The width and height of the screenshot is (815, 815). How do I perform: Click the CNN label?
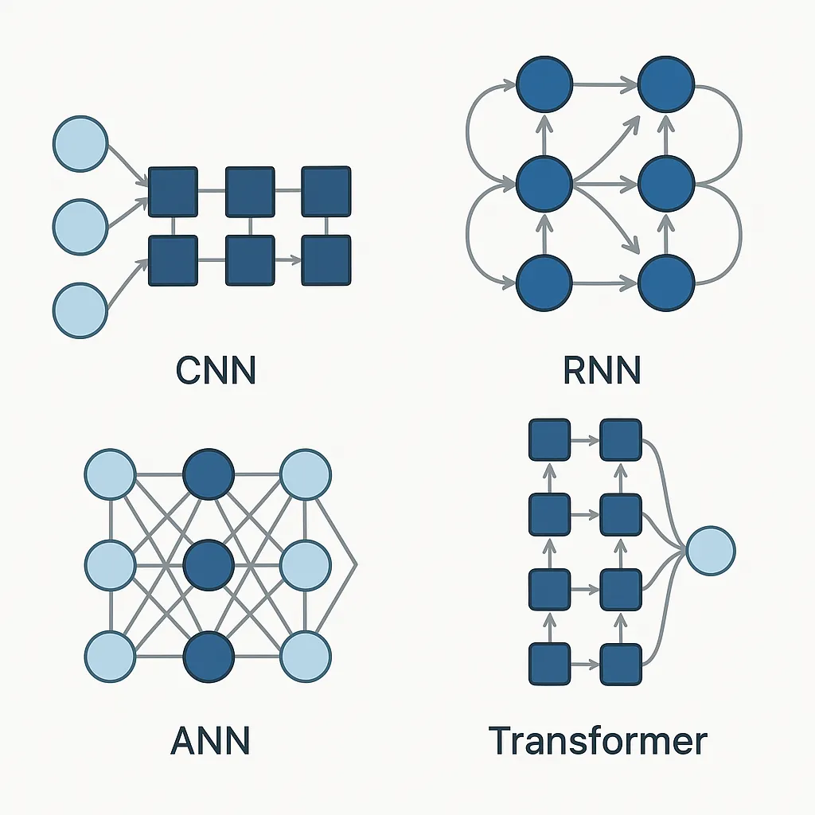coord(215,369)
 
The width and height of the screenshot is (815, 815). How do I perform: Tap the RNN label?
coord(602,369)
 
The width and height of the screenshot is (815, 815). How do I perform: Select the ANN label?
coord(210,740)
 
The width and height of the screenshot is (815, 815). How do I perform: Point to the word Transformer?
coord(598,740)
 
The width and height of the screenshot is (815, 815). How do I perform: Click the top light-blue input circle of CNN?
coord(80,144)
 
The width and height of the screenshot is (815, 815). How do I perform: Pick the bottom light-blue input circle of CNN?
coord(80,309)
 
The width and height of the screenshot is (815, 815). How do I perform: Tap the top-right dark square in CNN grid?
coord(326,192)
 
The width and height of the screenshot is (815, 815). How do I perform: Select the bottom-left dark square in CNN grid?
coord(173,260)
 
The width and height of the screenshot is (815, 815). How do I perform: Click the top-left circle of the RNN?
coord(544,84)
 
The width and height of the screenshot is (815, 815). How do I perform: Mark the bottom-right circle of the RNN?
coord(667,283)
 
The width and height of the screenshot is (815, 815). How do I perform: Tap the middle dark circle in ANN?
coord(209,564)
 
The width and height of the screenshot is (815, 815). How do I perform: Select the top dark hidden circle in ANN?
coord(209,475)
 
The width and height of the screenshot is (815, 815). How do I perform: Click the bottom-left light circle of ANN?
coord(109,657)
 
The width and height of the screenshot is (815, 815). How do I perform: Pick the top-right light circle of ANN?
coord(305,475)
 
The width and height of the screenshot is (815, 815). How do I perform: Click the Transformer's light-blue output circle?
coord(711,550)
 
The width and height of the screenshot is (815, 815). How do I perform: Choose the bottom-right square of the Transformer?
coord(621,664)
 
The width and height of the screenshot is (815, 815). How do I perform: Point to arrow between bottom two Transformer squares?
coord(585,664)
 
